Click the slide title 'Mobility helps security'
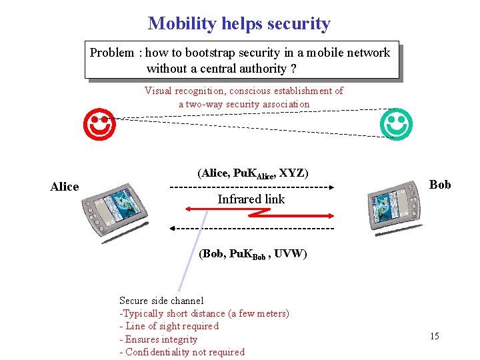point(239,24)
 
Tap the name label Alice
point(65,187)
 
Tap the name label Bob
point(439,185)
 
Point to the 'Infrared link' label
point(251,199)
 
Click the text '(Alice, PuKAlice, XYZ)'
point(253,173)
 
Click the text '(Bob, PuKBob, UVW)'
point(253,254)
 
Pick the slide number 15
point(434,336)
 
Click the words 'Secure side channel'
point(161,301)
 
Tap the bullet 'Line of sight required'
point(171,326)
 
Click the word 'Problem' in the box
point(112,53)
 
